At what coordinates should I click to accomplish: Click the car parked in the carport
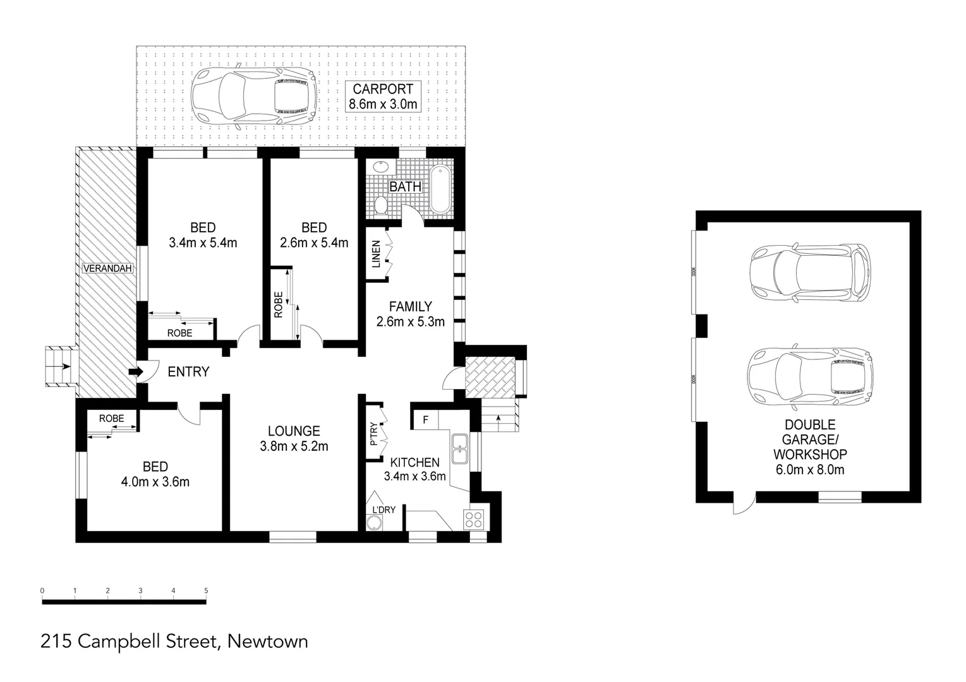point(253,99)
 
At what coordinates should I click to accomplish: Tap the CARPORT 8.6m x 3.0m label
point(383,97)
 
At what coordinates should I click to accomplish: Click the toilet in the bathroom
point(381,205)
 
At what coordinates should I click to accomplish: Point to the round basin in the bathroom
point(381,167)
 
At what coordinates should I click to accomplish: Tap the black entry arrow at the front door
point(134,372)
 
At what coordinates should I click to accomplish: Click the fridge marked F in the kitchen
point(425,419)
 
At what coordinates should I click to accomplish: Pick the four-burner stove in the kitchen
point(474,519)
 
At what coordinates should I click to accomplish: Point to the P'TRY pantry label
point(373,434)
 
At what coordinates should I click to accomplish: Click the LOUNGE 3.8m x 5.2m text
point(294,439)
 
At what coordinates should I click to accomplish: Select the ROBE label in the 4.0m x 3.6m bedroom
point(111,418)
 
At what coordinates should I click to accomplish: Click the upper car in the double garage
point(809,272)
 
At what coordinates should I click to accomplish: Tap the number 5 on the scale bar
point(206,591)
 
